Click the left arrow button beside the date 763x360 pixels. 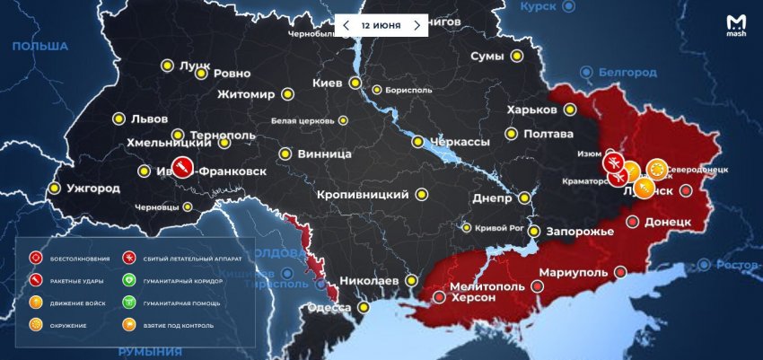346,25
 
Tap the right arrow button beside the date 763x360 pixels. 416,25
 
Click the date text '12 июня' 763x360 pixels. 381,25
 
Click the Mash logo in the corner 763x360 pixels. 736,28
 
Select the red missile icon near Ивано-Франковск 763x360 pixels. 181,168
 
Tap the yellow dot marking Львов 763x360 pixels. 118,119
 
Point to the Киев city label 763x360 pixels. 327,83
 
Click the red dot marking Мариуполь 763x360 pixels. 538,286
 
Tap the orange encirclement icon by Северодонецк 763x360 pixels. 656,169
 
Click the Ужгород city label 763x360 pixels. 93,189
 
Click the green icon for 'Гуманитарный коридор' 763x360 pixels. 129,281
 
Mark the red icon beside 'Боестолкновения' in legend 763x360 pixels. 36,259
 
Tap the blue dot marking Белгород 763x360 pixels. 587,71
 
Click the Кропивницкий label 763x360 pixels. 363,194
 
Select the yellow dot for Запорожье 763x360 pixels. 534,231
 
